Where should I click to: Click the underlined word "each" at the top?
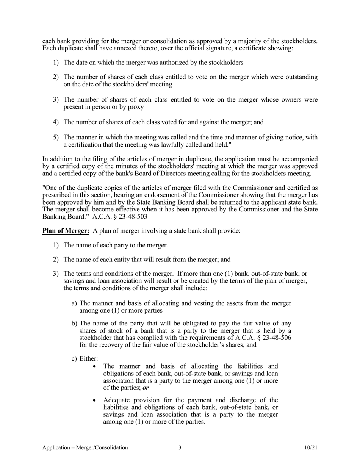pos(49,41)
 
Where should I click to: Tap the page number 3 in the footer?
pos(180,447)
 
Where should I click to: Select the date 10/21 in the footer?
pos(311,447)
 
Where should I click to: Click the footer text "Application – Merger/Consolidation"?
pos(85,447)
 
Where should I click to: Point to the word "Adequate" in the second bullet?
pos(116,400)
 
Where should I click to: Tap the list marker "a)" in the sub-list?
pos(74,303)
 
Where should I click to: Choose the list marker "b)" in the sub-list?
pos(74,323)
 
